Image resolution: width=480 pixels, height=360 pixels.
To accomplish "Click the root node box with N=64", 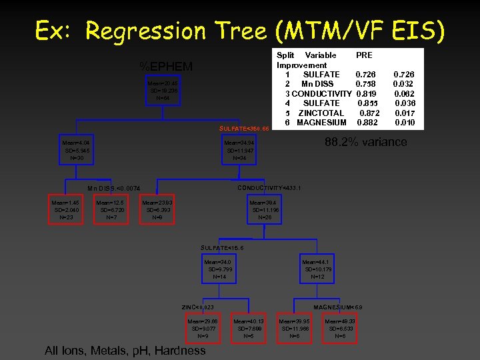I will click(x=163, y=90).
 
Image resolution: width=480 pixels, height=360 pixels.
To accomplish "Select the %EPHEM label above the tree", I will click(x=166, y=66).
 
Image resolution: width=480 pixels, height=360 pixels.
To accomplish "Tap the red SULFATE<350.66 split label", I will click(x=243, y=127).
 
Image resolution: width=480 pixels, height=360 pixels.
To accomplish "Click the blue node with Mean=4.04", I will click(x=75, y=151).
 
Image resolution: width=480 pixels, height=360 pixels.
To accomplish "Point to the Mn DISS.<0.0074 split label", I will click(x=114, y=189).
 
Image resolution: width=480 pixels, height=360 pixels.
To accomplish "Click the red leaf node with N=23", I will click(x=67, y=208).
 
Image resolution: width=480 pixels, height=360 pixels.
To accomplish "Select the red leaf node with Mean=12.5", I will click(x=111, y=208).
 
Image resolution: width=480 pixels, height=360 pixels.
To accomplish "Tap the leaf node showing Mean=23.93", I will click(x=157, y=208).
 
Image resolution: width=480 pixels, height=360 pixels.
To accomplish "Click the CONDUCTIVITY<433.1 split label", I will click(x=269, y=188).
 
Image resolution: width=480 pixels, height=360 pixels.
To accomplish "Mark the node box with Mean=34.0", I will click(x=220, y=269).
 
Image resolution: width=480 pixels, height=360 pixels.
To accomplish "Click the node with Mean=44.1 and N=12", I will click(x=317, y=269).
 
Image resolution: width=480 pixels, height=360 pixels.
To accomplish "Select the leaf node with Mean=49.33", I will click(x=340, y=328).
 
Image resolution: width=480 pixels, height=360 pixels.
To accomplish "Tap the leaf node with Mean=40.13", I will click(x=249, y=328).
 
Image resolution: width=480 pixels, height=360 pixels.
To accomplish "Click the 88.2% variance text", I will click(x=365, y=142).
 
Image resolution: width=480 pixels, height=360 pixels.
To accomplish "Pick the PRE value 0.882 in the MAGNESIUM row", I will click(x=367, y=123).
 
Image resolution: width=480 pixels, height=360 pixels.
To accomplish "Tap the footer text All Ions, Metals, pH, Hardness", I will click(x=125, y=351).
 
